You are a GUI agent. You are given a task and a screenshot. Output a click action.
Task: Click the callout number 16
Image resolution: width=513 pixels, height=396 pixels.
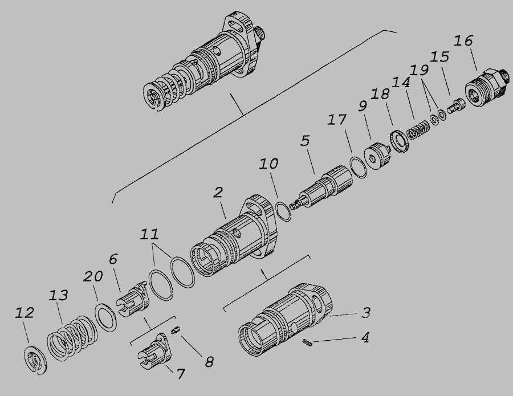coord(463,41)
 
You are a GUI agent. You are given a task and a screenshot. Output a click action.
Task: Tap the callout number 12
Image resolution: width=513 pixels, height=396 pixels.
coord(25,313)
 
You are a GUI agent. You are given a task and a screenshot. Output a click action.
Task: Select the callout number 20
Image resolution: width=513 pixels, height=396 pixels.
coord(92,277)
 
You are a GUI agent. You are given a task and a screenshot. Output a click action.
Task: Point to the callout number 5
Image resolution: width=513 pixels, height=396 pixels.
coord(305,141)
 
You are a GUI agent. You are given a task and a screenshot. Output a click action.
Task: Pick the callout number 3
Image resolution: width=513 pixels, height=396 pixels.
coord(366,313)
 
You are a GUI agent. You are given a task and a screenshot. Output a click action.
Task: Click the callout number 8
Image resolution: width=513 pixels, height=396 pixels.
coord(209,362)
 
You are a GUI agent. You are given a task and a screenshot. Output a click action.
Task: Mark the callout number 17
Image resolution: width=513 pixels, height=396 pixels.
coord(337,120)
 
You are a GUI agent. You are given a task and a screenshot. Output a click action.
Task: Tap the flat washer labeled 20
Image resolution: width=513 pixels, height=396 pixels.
coord(105,317)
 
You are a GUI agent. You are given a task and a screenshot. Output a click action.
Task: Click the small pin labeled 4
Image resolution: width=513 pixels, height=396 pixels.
coord(308,342)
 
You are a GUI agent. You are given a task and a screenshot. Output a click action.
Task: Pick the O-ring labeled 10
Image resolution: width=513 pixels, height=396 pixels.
coord(283,211)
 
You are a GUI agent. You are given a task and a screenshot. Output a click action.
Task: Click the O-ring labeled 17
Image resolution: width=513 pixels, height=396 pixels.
coord(357,168)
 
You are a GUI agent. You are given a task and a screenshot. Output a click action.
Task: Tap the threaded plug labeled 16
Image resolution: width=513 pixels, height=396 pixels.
coord(487,88)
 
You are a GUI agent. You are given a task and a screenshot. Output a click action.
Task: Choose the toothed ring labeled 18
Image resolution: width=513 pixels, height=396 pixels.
coord(399,141)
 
